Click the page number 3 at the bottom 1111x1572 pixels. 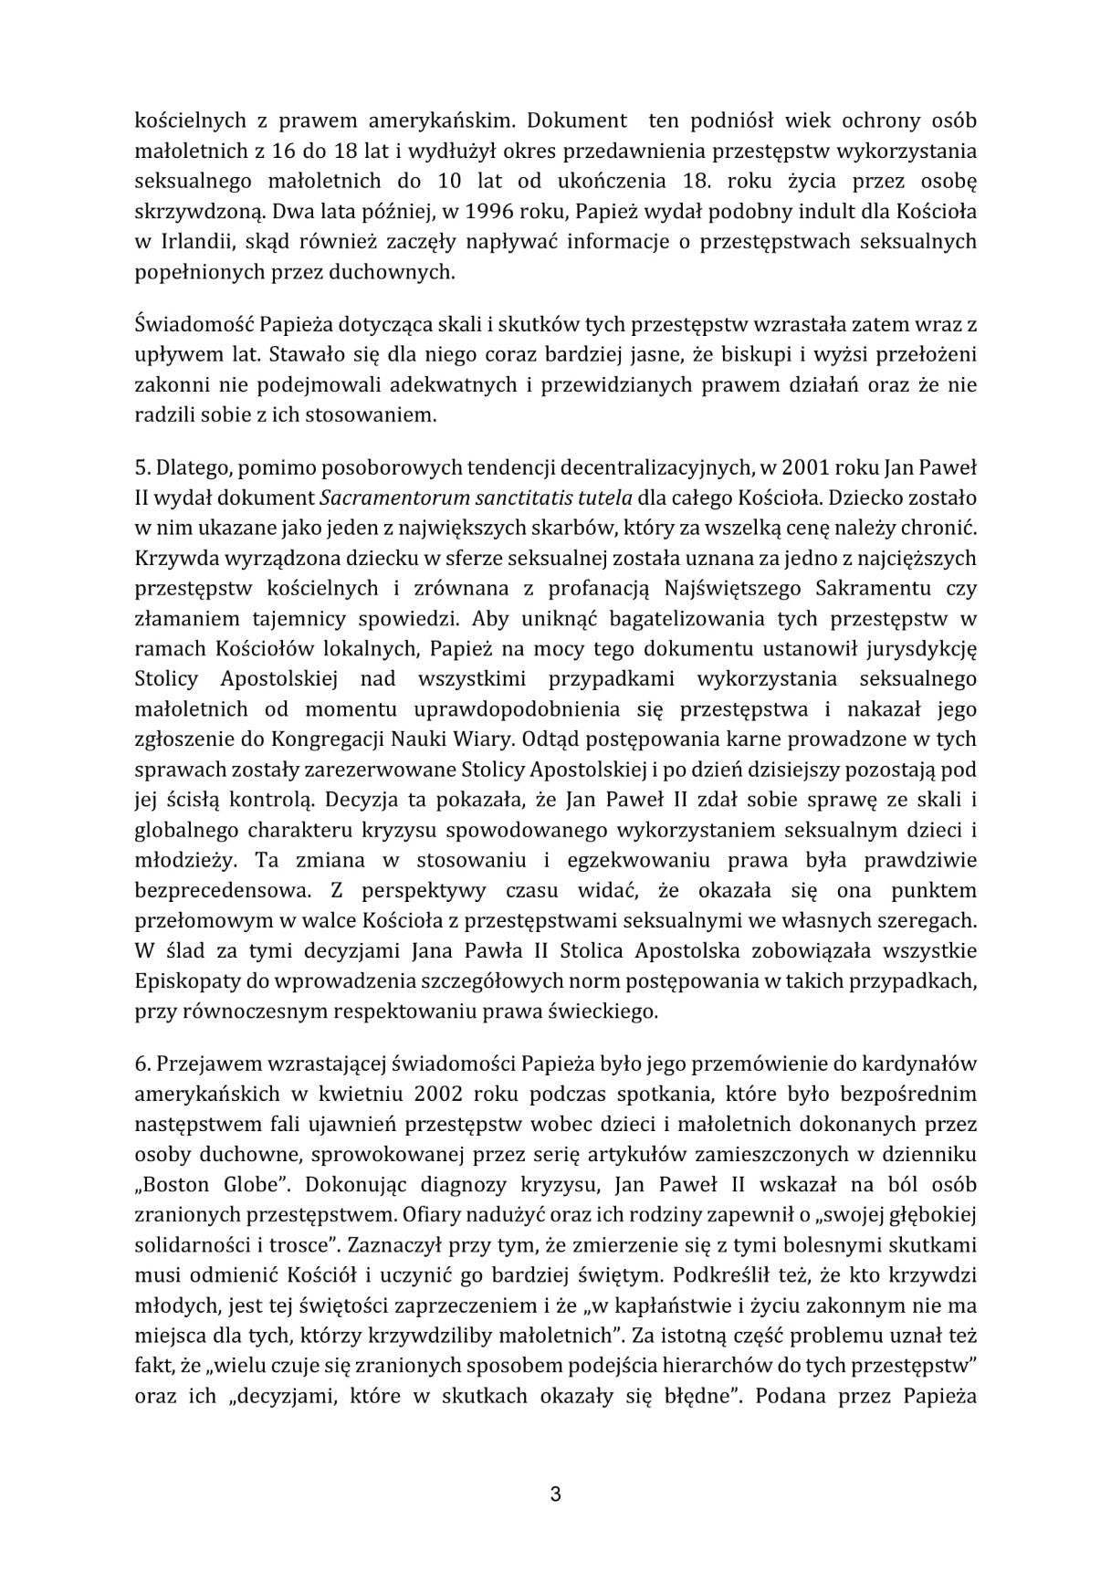click(555, 1494)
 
